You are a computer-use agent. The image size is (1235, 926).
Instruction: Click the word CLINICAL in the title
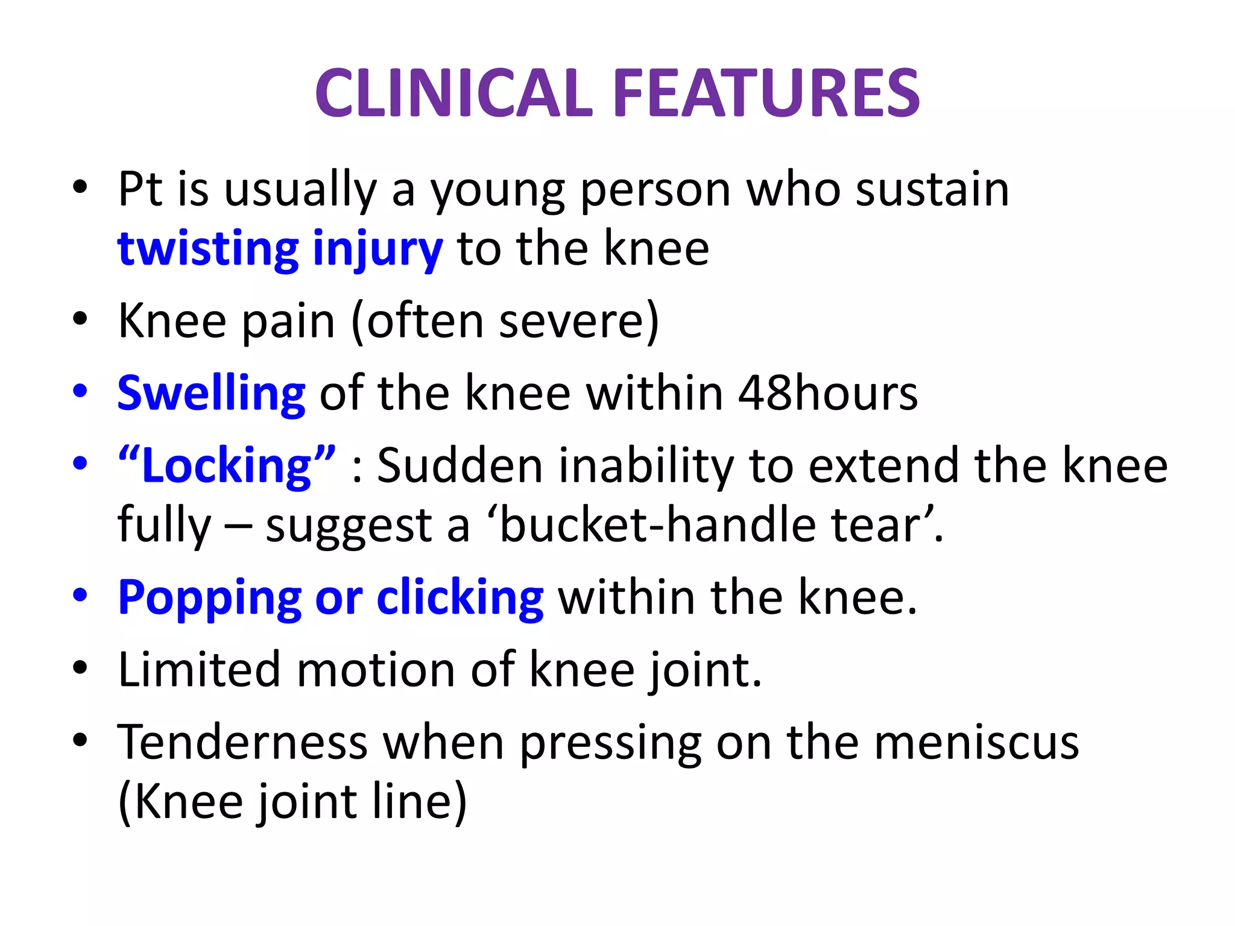454,93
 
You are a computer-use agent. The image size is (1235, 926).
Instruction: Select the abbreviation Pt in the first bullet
140,189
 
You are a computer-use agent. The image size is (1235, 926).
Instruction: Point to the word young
497,192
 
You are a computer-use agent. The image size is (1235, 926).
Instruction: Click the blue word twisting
208,249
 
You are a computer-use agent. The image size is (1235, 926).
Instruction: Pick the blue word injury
378,250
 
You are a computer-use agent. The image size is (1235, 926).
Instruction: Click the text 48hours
828,393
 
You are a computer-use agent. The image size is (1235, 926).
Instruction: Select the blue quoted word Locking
227,466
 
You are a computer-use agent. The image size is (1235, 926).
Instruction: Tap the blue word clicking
460,598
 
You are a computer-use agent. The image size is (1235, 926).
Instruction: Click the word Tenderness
242,742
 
